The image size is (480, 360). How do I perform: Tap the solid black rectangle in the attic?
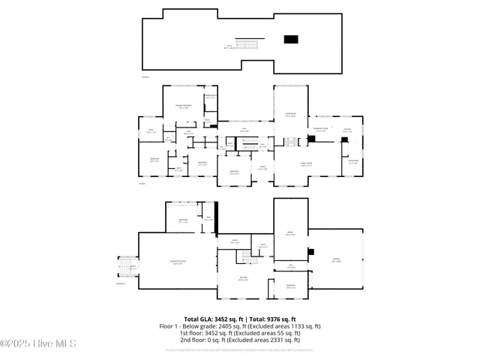290,40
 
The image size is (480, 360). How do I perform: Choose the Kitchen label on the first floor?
346,130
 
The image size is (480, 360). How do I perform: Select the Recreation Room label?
178,262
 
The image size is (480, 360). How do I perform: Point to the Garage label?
337,260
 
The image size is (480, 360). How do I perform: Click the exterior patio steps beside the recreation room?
124,267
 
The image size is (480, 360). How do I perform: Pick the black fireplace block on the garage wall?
311,251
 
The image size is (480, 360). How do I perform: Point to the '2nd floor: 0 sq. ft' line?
240,339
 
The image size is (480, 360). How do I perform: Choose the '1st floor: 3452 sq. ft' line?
240,332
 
